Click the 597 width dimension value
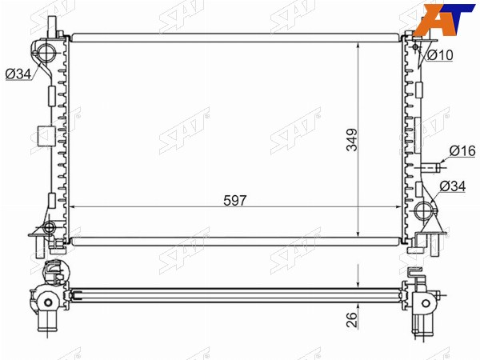(x=234, y=201)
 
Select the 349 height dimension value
(x=352, y=140)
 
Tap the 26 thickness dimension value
(x=352, y=319)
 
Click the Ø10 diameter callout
(x=439, y=55)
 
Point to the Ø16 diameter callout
(x=462, y=151)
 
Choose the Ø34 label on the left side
(x=18, y=74)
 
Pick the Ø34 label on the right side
(x=453, y=186)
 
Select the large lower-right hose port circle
(x=425, y=210)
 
